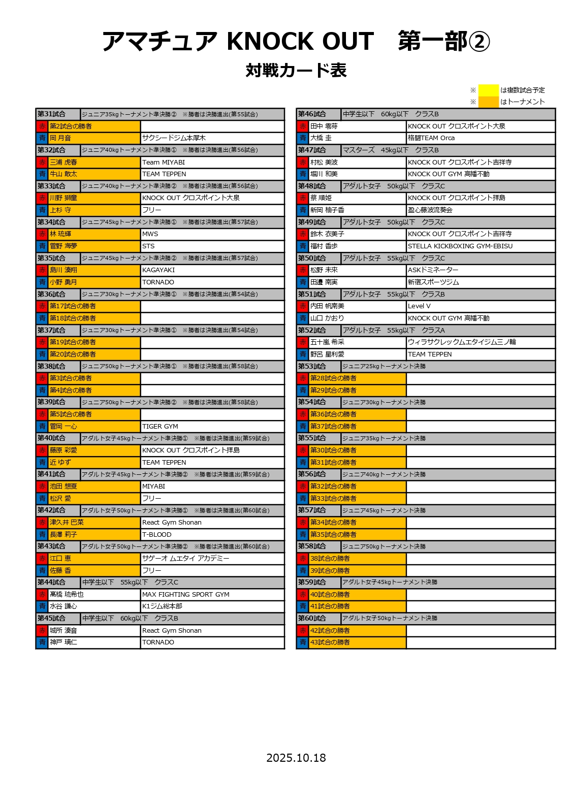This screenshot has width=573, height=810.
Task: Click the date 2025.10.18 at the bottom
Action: pyautogui.click(x=296, y=758)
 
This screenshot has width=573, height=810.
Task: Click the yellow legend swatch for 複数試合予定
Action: pyautogui.click(x=488, y=90)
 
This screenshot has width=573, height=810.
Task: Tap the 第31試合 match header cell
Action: pyautogui.click(x=52, y=114)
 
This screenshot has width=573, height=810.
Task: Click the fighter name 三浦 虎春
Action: pyautogui.click(x=63, y=162)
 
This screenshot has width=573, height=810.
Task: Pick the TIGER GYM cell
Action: pyautogui.click(x=160, y=427)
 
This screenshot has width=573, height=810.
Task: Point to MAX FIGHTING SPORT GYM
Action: pyautogui.click(x=186, y=594)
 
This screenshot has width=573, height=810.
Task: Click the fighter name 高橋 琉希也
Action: pyautogui.click(x=67, y=594)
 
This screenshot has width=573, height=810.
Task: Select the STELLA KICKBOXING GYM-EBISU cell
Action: pyautogui.click(x=460, y=246)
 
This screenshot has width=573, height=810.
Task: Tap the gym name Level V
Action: pyautogui.click(x=419, y=306)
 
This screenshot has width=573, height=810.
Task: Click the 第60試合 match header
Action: pyautogui.click(x=312, y=618)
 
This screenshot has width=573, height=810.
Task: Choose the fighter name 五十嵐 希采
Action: pyautogui.click(x=327, y=342)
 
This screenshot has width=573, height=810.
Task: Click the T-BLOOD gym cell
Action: pyautogui.click(x=157, y=534)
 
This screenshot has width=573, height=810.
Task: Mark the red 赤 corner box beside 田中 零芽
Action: pyautogui.click(x=303, y=126)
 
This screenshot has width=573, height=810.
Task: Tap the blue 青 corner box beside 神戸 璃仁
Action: pyautogui.click(x=42, y=642)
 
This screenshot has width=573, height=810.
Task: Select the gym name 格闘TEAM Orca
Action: pyautogui.click(x=431, y=138)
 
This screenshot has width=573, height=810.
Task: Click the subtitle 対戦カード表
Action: pyautogui.click(x=296, y=70)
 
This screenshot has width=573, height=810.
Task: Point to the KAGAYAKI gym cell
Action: pyautogui.click(x=158, y=270)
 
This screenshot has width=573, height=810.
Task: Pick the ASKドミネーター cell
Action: pyautogui.click(x=433, y=270)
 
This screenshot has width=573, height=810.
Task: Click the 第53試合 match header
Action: pyautogui.click(x=312, y=366)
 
